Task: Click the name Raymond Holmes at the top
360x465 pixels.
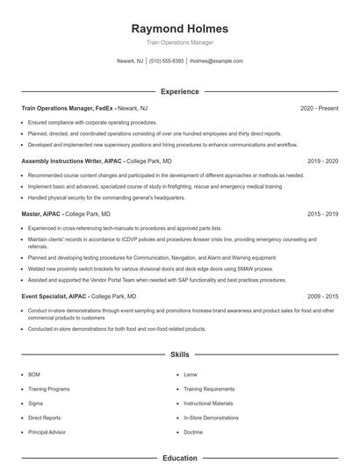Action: point(179,28)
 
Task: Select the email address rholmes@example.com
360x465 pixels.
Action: point(216,61)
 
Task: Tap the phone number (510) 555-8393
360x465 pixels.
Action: point(166,61)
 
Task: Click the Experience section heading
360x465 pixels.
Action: point(179,91)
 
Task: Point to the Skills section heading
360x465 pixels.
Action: point(179,354)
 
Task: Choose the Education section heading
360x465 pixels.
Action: point(179,458)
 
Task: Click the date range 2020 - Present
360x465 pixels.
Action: point(319,108)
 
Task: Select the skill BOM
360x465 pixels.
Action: point(34,375)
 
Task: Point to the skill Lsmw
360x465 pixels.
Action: point(191,375)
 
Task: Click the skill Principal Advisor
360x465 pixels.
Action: point(47,433)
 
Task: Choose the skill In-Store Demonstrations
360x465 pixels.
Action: point(211,418)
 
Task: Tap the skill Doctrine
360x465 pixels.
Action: point(193,433)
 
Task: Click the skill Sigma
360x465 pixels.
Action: point(36,404)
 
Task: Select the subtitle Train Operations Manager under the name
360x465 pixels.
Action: point(179,42)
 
